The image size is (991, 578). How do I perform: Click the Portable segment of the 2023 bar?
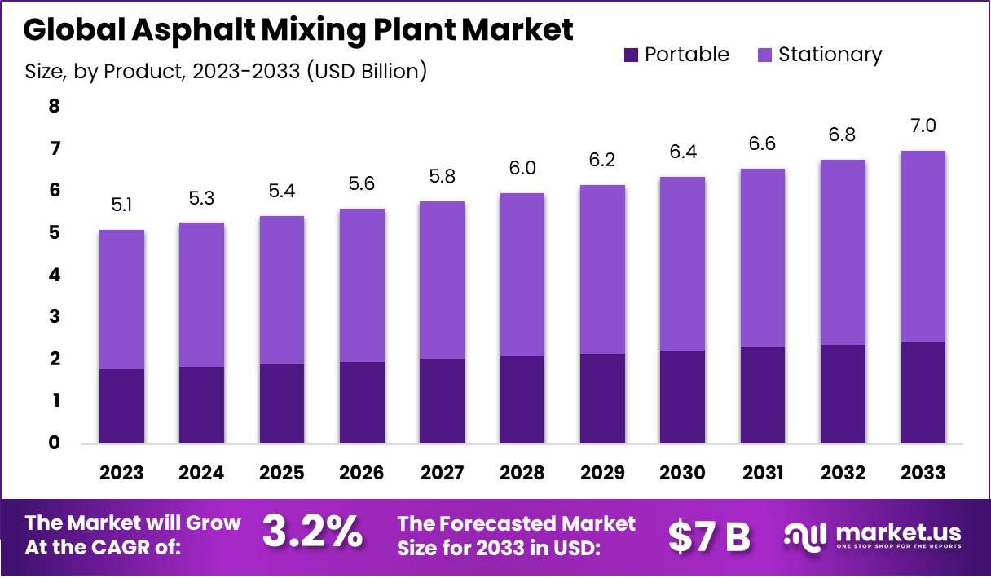121,406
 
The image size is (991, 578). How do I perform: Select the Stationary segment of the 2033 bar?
923,246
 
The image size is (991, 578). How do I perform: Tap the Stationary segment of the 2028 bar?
522,275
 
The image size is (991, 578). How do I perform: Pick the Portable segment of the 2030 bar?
682,397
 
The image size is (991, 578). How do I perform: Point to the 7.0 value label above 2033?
923,126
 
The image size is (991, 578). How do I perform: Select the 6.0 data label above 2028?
522,170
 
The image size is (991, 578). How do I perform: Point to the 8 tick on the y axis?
54,106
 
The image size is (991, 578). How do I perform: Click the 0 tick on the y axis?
54,443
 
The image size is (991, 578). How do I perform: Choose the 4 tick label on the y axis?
54,275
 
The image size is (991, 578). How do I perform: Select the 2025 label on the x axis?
282,473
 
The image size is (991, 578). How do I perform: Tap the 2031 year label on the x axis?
763,473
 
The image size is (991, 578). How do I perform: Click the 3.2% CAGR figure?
312,534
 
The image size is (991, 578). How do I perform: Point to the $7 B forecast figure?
709,536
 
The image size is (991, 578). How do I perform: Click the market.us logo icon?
805,536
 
